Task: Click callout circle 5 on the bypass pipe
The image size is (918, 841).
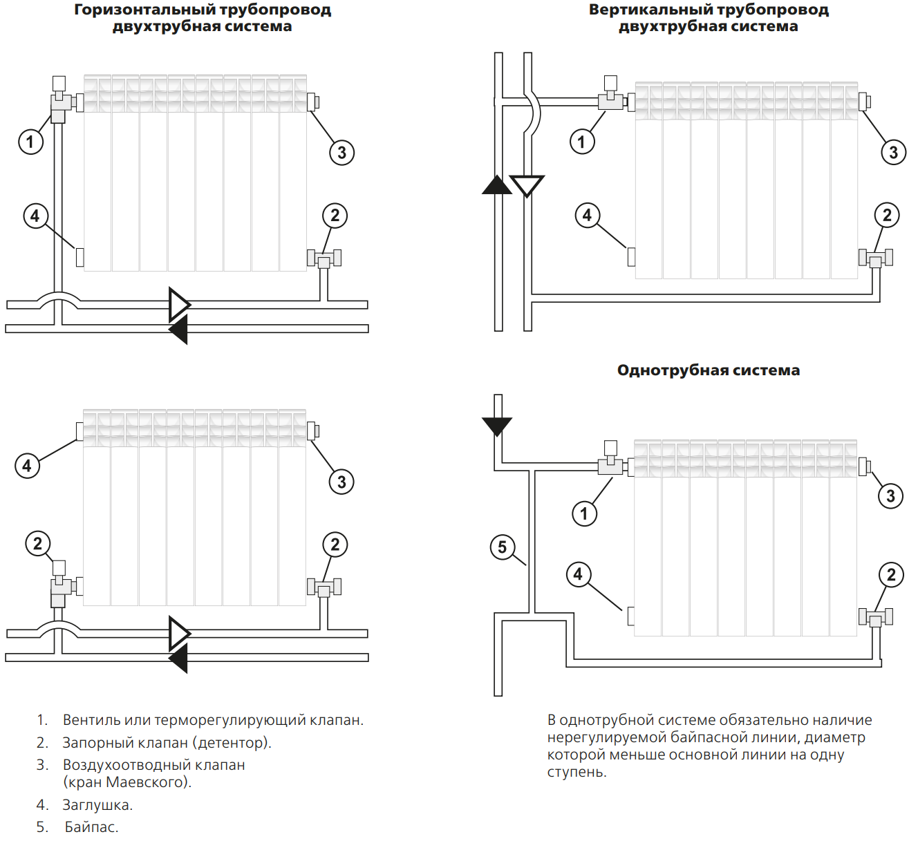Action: click(502, 547)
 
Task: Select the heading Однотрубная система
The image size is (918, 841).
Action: click(709, 370)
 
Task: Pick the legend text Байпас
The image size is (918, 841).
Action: click(91, 826)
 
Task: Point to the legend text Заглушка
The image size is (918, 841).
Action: click(97, 805)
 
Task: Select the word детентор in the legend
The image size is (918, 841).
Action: click(231, 742)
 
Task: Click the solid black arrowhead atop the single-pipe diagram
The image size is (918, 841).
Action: click(497, 426)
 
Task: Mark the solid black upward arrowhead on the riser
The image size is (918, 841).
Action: click(497, 185)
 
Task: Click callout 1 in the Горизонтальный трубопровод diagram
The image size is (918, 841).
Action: click(30, 142)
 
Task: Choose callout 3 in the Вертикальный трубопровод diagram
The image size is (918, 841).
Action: click(893, 152)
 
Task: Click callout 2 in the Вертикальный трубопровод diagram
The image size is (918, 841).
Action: click(887, 215)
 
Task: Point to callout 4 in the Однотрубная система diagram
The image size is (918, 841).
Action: click(579, 574)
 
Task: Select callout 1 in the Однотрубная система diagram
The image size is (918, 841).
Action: click(584, 513)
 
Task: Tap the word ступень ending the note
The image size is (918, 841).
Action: click(577, 773)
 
